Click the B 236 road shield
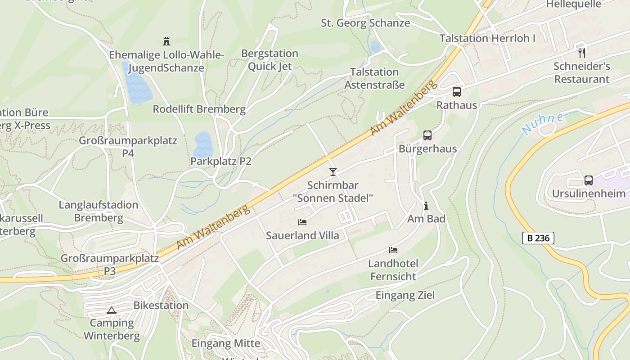pos(538,238)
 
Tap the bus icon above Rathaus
pos(456,92)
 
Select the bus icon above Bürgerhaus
pos(427,135)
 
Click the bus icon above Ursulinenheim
pos(588,180)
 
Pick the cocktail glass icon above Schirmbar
pos(333,171)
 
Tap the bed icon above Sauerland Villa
pos(302,222)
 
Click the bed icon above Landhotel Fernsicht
pos(393,250)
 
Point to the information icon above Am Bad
pos(426,206)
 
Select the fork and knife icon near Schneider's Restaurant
pos(582,53)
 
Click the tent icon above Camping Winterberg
pos(111,310)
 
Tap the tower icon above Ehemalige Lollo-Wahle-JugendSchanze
pos(166,41)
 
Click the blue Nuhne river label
pos(542,124)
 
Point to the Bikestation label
pos(161,305)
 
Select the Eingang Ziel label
pos(405,295)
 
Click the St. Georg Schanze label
pos(365,23)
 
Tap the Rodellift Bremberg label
pos(199,109)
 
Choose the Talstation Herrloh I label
pos(487,38)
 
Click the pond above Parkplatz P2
pos(202,144)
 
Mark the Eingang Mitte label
pos(226,343)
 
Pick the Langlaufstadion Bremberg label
pos(99,211)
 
